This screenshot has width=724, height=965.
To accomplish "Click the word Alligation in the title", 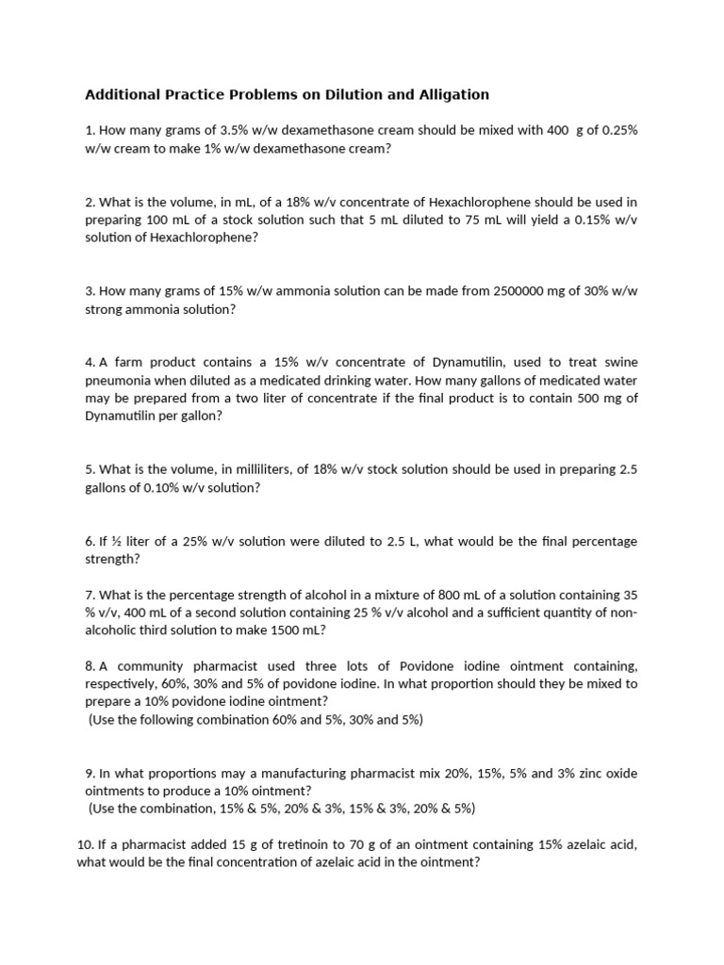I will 456,94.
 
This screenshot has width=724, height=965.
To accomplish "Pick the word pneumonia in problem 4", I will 118,381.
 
